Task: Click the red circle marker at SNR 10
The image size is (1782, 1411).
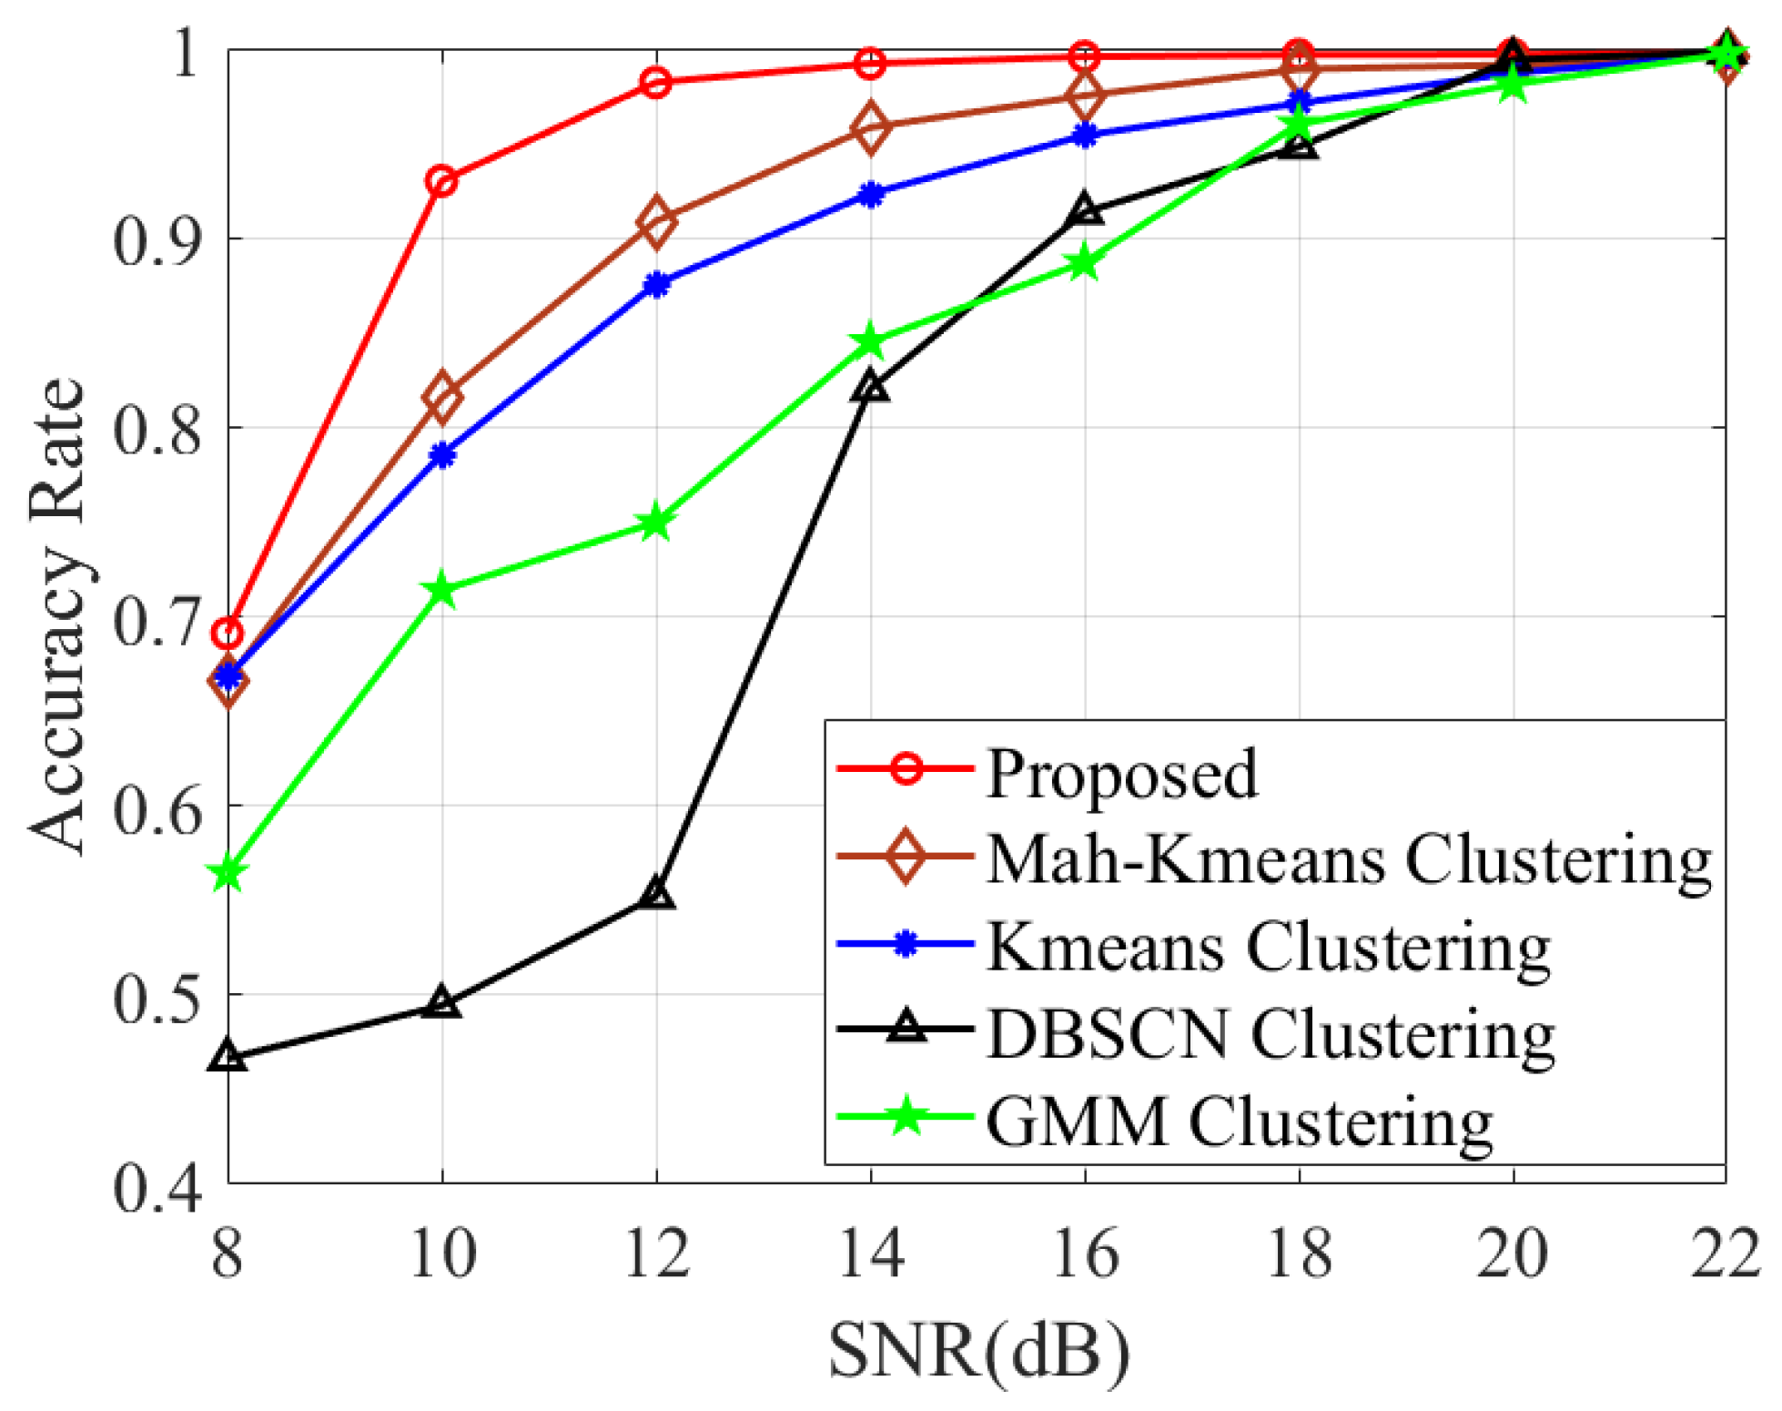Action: [442, 181]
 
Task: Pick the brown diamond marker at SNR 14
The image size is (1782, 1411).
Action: [871, 127]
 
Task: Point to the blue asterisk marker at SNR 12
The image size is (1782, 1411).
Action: [656, 285]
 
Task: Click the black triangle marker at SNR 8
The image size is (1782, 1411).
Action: [228, 1057]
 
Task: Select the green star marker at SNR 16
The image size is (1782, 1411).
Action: [1084, 264]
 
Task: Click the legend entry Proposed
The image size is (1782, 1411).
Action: [1121, 774]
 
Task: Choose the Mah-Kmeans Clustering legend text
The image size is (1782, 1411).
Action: [1348, 858]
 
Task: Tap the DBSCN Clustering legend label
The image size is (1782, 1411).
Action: [1271, 1034]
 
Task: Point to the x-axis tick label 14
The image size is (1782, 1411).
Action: [871, 1254]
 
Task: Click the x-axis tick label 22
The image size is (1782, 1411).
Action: [1724, 1254]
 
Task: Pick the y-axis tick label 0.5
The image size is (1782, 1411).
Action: [157, 999]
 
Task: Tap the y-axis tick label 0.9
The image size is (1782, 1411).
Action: [157, 242]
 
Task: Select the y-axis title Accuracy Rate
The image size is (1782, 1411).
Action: [56, 616]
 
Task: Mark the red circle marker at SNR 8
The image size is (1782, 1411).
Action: [228, 633]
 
